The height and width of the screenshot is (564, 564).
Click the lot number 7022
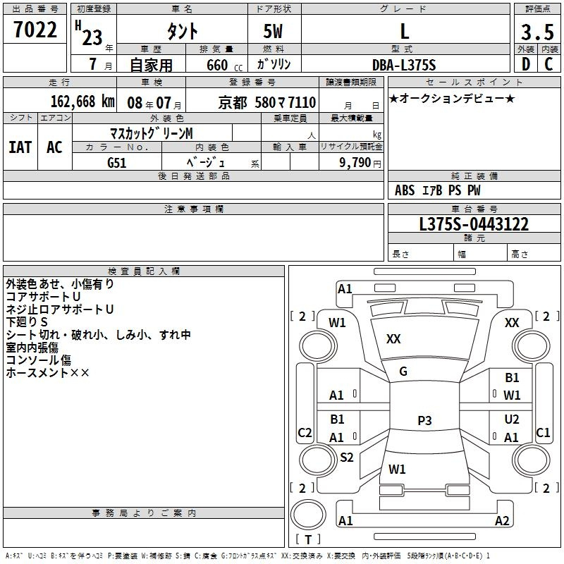pyautogui.click(x=35, y=30)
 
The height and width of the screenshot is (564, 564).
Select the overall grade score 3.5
pyautogui.click(x=536, y=32)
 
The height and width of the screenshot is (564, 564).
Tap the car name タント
pyautogui.click(x=181, y=31)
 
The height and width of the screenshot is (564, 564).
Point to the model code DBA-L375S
pyautogui.click(x=404, y=65)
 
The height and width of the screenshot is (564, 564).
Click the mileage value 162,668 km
pyautogui.click(x=82, y=102)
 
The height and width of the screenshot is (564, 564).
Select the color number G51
pyautogui.click(x=117, y=162)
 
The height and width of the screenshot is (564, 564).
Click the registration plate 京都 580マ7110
pyautogui.click(x=267, y=102)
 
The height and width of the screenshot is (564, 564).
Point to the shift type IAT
pyautogui.click(x=20, y=147)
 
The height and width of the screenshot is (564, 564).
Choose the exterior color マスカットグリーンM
pyautogui.click(x=151, y=133)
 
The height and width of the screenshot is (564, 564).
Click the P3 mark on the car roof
pyautogui.click(x=424, y=421)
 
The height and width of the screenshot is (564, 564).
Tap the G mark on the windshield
pyautogui.click(x=403, y=372)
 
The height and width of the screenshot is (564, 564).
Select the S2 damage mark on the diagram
pyautogui.click(x=346, y=458)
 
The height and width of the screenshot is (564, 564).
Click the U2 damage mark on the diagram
pyautogui.click(x=512, y=419)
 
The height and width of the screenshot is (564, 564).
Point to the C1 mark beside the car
pyautogui.click(x=543, y=432)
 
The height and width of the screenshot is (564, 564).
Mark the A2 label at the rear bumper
pyautogui.click(x=502, y=521)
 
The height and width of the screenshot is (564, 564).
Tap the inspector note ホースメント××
pyautogui.click(x=48, y=372)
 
